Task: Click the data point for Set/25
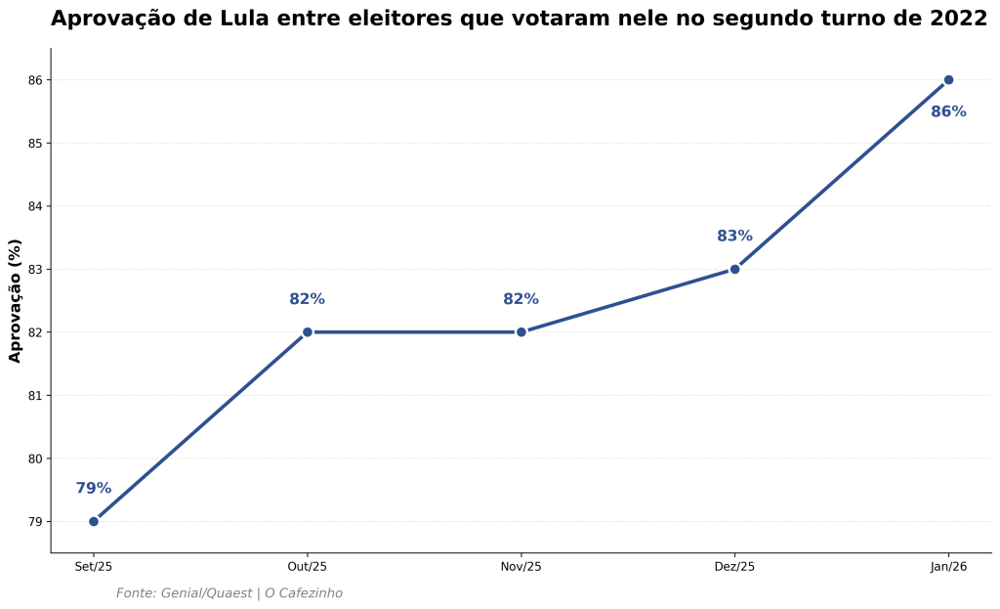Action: (x=94, y=521)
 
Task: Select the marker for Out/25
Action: (x=308, y=332)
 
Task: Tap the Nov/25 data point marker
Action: (x=521, y=332)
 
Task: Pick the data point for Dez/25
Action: (x=734, y=269)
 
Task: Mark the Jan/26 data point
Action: (x=948, y=80)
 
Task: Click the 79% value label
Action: (x=94, y=489)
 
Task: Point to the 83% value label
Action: (x=734, y=237)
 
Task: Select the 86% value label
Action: (x=948, y=112)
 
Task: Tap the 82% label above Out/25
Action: (x=308, y=300)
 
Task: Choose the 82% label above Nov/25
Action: (x=521, y=300)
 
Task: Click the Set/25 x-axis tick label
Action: (x=94, y=567)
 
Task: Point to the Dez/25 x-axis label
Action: (x=734, y=567)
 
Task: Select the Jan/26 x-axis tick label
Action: (x=948, y=567)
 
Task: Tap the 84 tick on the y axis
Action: (x=37, y=206)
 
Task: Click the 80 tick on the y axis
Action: (x=37, y=458)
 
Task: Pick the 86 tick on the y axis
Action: (x=37, y=80)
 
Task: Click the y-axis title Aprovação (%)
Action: (x=16, y=300)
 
